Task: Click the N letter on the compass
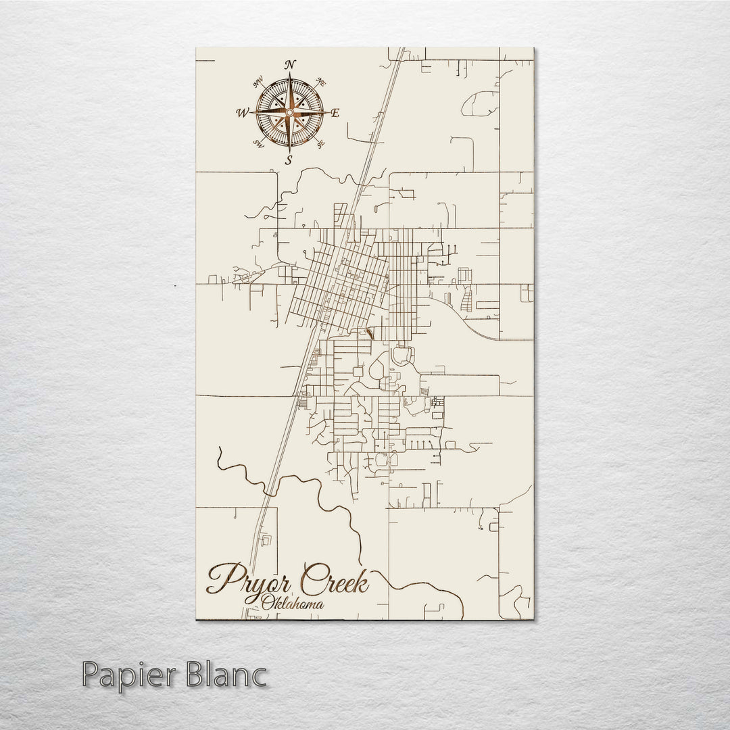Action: click(x=290, y=64)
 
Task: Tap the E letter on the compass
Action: click(x=335, y=113)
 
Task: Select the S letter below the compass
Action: click(x=289, y=160)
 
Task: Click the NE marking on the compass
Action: click(x=322, y=82)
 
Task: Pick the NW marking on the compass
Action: click(x=258, y=83)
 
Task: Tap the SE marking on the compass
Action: click(x=322, y=143)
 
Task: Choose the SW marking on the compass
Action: click(x=258, y=143)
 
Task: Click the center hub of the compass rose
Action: click(x=290, y=112)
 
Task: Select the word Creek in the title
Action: click(x=335, y=580)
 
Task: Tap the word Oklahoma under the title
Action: click(x=291, y=602)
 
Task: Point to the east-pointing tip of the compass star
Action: click(x=328, y=112)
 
